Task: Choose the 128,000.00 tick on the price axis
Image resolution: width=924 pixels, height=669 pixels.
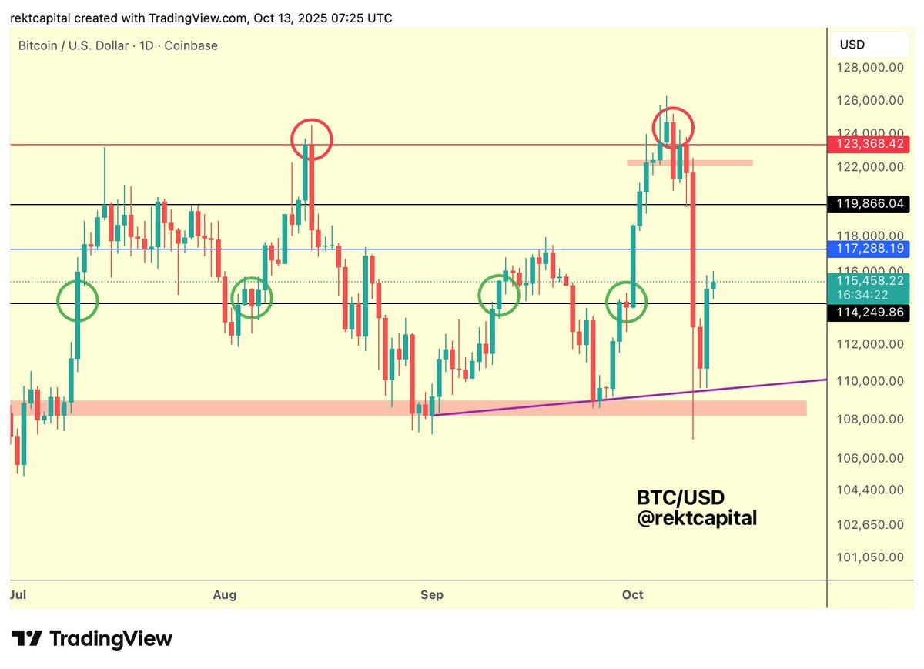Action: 869,67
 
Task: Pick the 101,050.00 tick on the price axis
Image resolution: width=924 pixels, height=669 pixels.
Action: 869,557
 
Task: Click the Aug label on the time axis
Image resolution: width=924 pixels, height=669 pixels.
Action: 224,594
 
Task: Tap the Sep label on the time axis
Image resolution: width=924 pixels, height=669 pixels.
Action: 432,594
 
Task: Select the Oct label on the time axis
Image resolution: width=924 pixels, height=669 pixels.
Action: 633,594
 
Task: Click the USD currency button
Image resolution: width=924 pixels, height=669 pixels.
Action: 852,45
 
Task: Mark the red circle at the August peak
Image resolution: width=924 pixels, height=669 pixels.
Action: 311,139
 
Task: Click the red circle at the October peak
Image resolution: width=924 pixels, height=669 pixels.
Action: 674,125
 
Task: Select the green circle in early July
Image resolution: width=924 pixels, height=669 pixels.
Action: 78,301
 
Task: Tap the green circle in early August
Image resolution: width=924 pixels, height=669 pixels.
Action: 252,297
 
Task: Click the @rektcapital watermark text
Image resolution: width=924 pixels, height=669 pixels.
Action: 697,518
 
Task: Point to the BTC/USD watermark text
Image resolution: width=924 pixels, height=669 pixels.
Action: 681,497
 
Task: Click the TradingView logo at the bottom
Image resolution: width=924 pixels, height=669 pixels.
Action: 92,638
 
